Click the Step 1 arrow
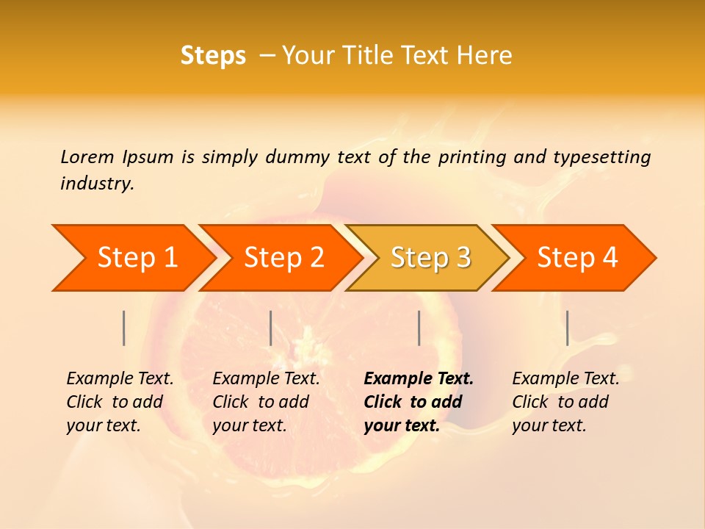click(x=137, y=258)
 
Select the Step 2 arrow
click(x=283, y=258)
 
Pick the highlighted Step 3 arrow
click(x=430, y=258)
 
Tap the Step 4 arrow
click(x=577, y=258)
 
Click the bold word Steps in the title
click(x=213, y=56)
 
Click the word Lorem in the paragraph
click(x=87, y=156)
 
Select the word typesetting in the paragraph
click(x=601, y=156)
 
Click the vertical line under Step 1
click(x=124, y=328)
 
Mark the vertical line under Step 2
click(x=271, y=328)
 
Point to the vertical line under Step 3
click(x=419, y=328)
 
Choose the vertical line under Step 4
click(x=568, y=328)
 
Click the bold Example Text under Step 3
click(x=419, y=379)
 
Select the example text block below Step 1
click(x=120, y=402)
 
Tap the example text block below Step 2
click(x=266, y=402)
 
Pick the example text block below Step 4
click(x=565, y=402)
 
